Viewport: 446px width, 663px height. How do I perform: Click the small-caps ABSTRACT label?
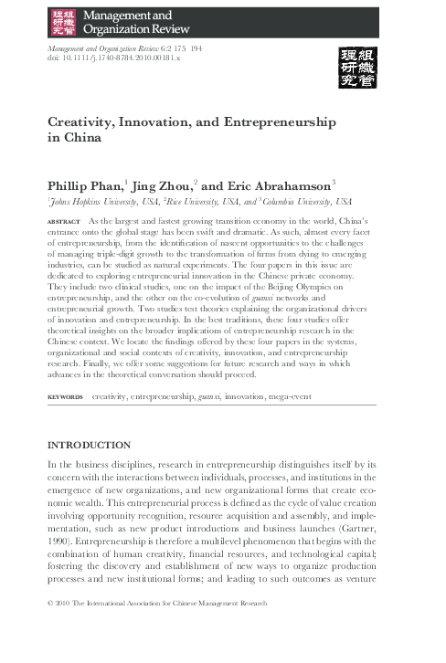tap(62, 223)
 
